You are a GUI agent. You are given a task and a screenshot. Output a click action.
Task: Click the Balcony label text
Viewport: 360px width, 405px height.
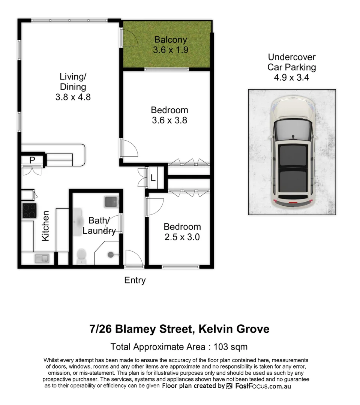[x=170, y=39]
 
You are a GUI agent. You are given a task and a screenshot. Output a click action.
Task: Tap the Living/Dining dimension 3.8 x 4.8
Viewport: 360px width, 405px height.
[x=73, y=97]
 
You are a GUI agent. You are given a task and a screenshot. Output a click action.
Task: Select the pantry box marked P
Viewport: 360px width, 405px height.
[x=32, y=160]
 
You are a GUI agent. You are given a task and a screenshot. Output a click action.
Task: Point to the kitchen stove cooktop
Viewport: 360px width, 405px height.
[x=29, y=211]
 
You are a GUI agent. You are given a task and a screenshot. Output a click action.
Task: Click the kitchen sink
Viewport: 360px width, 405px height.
[x=41, y=258]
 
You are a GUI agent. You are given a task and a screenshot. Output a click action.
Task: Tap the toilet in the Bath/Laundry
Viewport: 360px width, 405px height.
[x=81, y=256]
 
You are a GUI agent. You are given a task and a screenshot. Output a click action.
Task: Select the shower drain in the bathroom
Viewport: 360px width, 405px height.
[x=111, y=254]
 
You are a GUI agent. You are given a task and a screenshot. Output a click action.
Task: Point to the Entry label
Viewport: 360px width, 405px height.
[x=135, y=280]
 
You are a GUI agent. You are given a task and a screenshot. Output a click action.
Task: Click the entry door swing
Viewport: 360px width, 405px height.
[x=133, y=259]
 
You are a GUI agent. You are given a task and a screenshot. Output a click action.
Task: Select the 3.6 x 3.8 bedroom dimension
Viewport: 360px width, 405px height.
[x=169, y=121]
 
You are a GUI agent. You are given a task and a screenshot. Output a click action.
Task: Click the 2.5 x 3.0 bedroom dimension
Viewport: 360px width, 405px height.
[x=182, y=237]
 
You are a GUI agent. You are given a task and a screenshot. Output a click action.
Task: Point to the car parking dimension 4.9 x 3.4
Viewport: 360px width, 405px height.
[x=291, y=78]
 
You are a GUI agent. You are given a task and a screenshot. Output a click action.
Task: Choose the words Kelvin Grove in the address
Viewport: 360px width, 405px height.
[x=234, y=329]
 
